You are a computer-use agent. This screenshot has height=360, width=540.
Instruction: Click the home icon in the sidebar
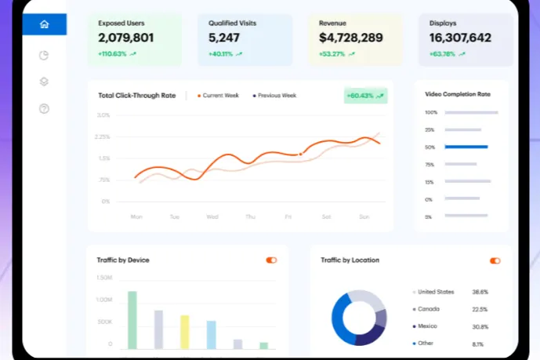(x=44, y=24)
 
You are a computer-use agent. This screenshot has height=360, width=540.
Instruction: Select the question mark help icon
(x=44, y=109)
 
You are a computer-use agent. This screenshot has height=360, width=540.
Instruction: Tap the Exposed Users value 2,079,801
(x=126, y=38)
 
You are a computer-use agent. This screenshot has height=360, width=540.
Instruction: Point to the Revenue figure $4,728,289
(x=350, y=38)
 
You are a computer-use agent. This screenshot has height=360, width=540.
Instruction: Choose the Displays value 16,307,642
(x=461, y=38)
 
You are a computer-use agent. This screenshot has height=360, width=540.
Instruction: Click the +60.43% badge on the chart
(x=365, y=96)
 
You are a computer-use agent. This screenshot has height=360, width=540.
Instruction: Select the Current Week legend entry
(x=220, y=96)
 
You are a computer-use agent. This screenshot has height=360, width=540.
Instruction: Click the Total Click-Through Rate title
(x=137, y=96)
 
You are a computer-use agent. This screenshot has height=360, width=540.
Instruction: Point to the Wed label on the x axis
(x=212, y=216)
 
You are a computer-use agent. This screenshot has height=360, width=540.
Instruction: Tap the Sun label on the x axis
(x=364, y=216)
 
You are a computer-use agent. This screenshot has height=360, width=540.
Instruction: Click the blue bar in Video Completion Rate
(x=466, y=147)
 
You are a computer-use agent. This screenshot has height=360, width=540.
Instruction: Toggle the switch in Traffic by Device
(x=271, y=260)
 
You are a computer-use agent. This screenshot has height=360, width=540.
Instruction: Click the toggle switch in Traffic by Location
(x=495, y=260)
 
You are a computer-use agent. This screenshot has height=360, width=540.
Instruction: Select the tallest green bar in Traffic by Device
(x=132, y=319)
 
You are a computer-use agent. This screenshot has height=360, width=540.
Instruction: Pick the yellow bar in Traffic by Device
(x=185, y=331)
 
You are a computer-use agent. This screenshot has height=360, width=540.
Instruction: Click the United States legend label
(x=436, y=291)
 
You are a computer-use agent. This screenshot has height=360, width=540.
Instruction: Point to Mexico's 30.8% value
(x=480, y=326)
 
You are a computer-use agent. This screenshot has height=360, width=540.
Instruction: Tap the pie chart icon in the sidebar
(x=44, y=56)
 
